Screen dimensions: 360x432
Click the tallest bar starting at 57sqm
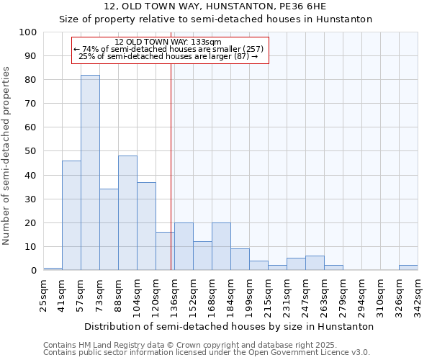pos(90,173)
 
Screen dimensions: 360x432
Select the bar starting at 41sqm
pos(71,215)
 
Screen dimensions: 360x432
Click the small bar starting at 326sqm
pos(408,268)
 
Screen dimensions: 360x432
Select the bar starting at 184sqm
pos(240,259)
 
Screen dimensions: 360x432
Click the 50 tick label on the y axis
pos(31,151)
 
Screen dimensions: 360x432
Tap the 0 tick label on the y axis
pos(34,271)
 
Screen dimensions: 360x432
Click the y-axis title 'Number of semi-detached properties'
pos(7,156)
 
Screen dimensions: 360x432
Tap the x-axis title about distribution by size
pos(229,326)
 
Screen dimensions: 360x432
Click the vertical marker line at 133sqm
pos(171,180)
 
